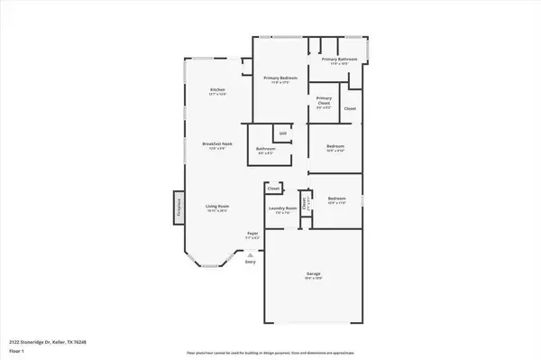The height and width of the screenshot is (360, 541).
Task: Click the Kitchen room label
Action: click(x=217, y=90)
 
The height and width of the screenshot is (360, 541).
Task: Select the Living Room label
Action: click(x=215, y=207)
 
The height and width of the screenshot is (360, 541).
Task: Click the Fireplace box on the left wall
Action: click(x=178, y=207)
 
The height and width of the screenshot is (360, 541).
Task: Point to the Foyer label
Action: click(x=253, y=234)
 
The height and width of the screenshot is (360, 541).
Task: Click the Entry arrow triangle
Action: click(x=250, y=254)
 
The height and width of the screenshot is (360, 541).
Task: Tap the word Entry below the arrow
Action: click(x=250, y=262)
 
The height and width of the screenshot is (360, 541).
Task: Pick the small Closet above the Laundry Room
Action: click(x=273, y=189)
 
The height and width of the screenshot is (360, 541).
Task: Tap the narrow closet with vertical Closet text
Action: click(x=304, y=204)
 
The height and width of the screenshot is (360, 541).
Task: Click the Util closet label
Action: click(x=282, y=133)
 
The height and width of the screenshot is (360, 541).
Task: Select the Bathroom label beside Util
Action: click(x=265, y=149)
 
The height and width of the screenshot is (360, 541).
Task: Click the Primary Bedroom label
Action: click(x=280, y=79)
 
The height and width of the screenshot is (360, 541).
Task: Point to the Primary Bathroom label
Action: click(x=339, y=60)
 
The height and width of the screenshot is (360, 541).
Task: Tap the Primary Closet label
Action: click(x=324, y=100)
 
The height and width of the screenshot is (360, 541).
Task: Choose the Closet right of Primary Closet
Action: click(x=350, y=108)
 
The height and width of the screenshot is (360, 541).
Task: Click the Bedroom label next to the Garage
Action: click(x=337, y=198)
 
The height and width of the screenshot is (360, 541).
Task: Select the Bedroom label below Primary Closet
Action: click(x=335, y=146)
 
